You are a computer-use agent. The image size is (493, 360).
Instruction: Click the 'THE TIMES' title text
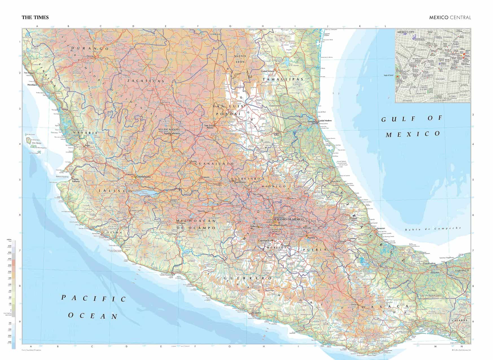[x=35, y=17]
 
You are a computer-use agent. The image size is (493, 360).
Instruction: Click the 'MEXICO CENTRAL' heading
[x=450, y=17]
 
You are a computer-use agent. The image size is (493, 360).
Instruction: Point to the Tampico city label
[x=312, y=121]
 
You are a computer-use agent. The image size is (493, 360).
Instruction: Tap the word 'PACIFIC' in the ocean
[x=94, y=298]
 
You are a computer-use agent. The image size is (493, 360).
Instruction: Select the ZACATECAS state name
[x=146, y=81]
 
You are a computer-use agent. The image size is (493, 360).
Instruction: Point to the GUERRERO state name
[x=244, y=278]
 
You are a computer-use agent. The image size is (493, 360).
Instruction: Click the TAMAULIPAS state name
[x=282, y=80]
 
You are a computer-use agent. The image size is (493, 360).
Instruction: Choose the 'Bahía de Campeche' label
[x=433, y=229]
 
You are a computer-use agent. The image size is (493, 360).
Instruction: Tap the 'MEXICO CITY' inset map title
[x=406, y=32]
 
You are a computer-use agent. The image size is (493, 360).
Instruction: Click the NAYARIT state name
[x=85, y=133]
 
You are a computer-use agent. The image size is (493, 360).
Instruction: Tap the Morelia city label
[x=201, y=211]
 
